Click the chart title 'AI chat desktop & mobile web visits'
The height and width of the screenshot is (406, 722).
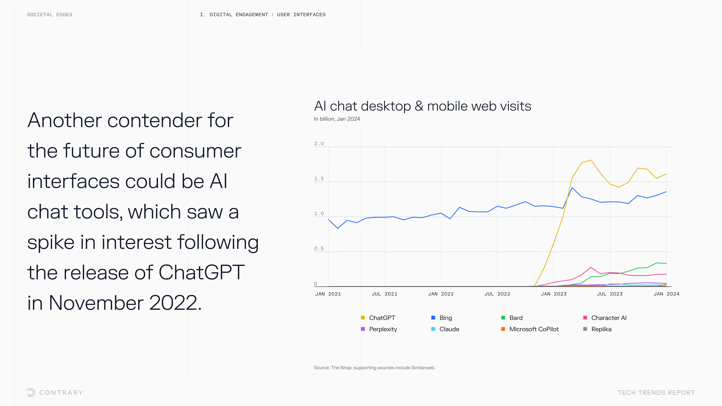(x=422, y=106)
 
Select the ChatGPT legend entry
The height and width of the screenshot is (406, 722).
(x=382, y=318)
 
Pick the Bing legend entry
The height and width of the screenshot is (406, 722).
(x=445, y=318)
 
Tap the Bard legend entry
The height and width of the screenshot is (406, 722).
(x=516, y=318)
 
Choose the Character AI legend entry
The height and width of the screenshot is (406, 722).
(x=608, y=318)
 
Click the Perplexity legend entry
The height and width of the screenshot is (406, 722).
(x=383, y=329)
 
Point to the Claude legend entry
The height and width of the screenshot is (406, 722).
(x=449, y=329)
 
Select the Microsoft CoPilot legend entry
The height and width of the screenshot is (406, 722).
(x=534, y=329)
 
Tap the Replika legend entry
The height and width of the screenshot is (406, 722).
(x=601, y=329)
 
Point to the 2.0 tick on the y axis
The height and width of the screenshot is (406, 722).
(x=319, y=143)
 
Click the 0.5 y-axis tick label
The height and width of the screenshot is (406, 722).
(x=319, y=249)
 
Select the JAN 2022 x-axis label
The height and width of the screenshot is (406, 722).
(x=441, y=294)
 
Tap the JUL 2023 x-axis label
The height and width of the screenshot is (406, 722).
(x=610, y=294)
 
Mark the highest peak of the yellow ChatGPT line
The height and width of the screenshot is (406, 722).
(x=591, y=160)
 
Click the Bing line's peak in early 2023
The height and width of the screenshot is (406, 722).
(x=572, y=187)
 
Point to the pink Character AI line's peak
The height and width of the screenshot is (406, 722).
(x=591, y=267)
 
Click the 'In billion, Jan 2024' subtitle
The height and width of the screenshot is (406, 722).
(x=337, y=119)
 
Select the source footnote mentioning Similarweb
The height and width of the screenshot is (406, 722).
(x=374, y=368)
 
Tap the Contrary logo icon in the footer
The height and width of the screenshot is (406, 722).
(x=31, y=392)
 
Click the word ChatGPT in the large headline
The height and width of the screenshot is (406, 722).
(x=202, y=272)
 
